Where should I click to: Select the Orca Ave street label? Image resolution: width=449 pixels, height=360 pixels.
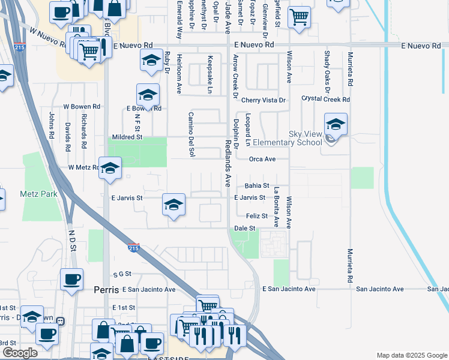click(262, 159)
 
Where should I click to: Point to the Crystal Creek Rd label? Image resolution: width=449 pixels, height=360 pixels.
click(325, 98)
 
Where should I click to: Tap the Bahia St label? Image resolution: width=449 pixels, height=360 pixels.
click(257, 186)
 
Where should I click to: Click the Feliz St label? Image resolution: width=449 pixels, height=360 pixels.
click(256, 215)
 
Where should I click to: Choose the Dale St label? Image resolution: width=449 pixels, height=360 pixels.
click(245, 229)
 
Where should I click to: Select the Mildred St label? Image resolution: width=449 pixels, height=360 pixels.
click(127, 137)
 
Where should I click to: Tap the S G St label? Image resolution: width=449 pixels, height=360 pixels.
click(121, 274)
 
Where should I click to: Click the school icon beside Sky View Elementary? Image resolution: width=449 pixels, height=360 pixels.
click(336, 125)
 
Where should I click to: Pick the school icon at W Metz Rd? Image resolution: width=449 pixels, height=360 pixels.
click(110, 169)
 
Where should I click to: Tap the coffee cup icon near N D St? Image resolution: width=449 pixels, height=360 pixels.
click(71, 278)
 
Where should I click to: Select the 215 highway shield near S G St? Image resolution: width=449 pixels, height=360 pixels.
click(134, 247)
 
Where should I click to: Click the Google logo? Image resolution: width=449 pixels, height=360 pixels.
click(19, 353)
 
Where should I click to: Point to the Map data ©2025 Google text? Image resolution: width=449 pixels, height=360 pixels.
click(411, 355)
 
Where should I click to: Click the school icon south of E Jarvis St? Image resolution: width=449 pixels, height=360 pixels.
click(173, 206)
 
